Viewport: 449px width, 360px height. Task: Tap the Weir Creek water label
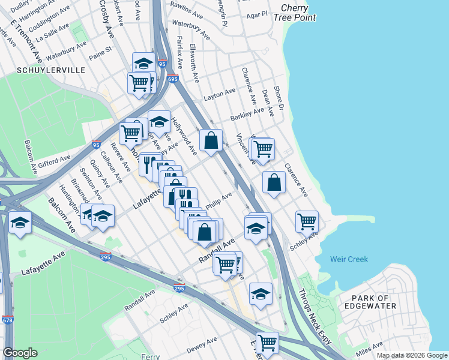[x=349, y=259]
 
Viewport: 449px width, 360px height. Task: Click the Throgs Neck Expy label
[x=315, y=317]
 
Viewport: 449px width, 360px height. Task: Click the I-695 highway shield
[x=173, y=79]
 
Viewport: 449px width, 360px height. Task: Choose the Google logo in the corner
[x=20, y=353]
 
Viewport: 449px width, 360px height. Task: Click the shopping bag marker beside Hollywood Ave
[x=211, y=140]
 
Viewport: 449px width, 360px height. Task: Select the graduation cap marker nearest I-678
[x=20, y=223]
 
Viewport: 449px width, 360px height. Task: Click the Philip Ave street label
[x=218, y=200]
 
